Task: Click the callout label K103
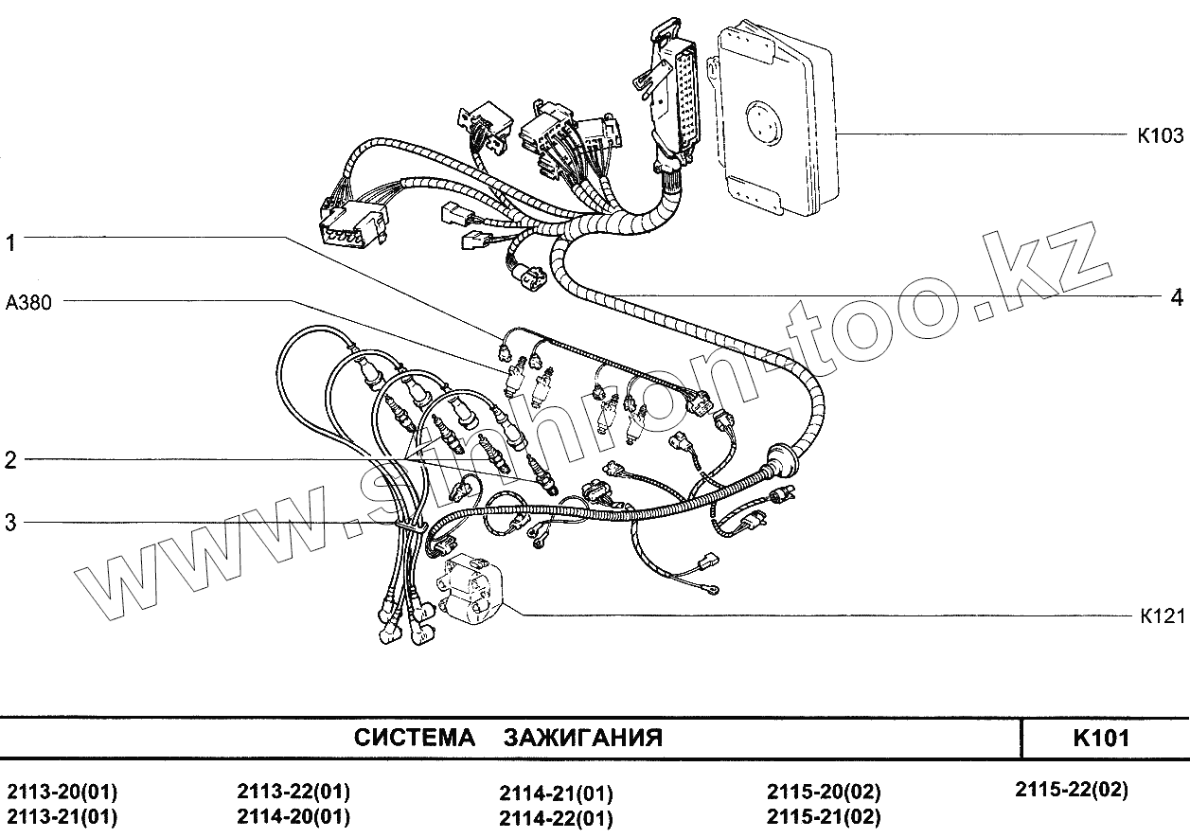[1160, 135]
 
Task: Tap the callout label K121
[1163, 616]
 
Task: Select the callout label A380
[29, 303]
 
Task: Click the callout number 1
[10, 243]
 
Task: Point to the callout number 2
[10, 461]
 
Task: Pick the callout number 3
[10, 523]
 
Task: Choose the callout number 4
[1176, 297]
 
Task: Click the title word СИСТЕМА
[415, 739]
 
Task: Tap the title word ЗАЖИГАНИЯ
[582, 739]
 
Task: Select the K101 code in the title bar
[1101, 739]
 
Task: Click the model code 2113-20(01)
[62, 793]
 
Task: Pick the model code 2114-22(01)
[556, 818]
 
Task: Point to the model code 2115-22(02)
[1071, 789]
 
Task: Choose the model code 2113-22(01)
[293, 792]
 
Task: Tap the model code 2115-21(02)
[824, 816]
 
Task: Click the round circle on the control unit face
[762, 123]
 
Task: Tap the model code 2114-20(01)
[293, 816]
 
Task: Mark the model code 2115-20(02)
[824, 792]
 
